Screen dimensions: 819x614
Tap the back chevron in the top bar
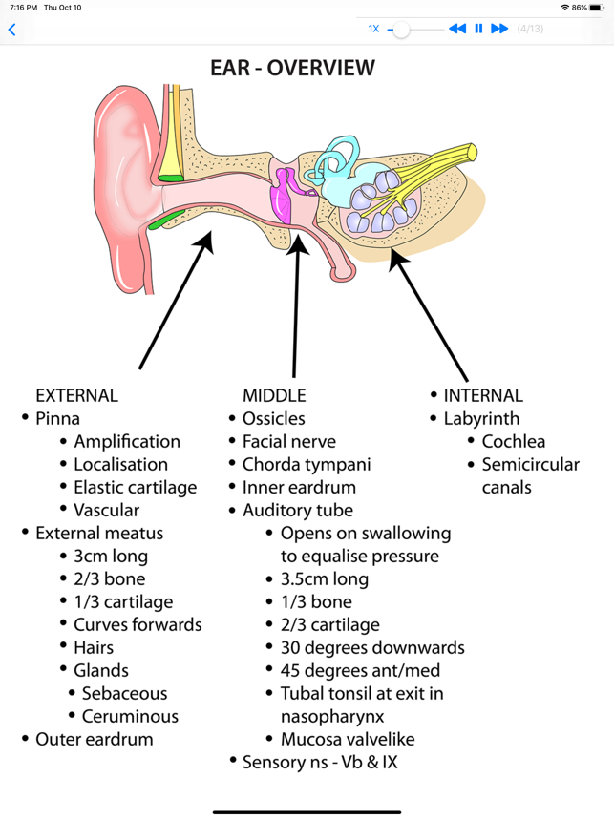click(x=11, y=30)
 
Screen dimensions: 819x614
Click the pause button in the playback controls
click(x=478, y=29)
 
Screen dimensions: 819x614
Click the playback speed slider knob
click(x=402, y=30)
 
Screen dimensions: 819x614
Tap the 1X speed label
click(x=373, y=29)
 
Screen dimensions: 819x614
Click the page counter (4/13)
click(x=530, y=29)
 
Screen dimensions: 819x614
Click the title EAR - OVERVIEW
click(x=292, y=68)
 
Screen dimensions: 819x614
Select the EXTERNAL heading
click(x=76, y=395)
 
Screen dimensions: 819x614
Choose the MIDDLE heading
click(x=274, y=395)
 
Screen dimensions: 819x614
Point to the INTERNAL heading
click(x=483, y=395)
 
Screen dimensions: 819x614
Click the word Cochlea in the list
click(x=514, y=441)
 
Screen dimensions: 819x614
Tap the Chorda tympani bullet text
click(x=307, y=464)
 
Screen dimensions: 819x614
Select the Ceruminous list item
click(x=130, y=716)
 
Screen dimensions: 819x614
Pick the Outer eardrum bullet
click(x=94, y=739)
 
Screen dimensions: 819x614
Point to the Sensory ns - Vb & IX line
click(x=320, y=762)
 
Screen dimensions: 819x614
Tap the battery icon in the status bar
click(x=598, y=7)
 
